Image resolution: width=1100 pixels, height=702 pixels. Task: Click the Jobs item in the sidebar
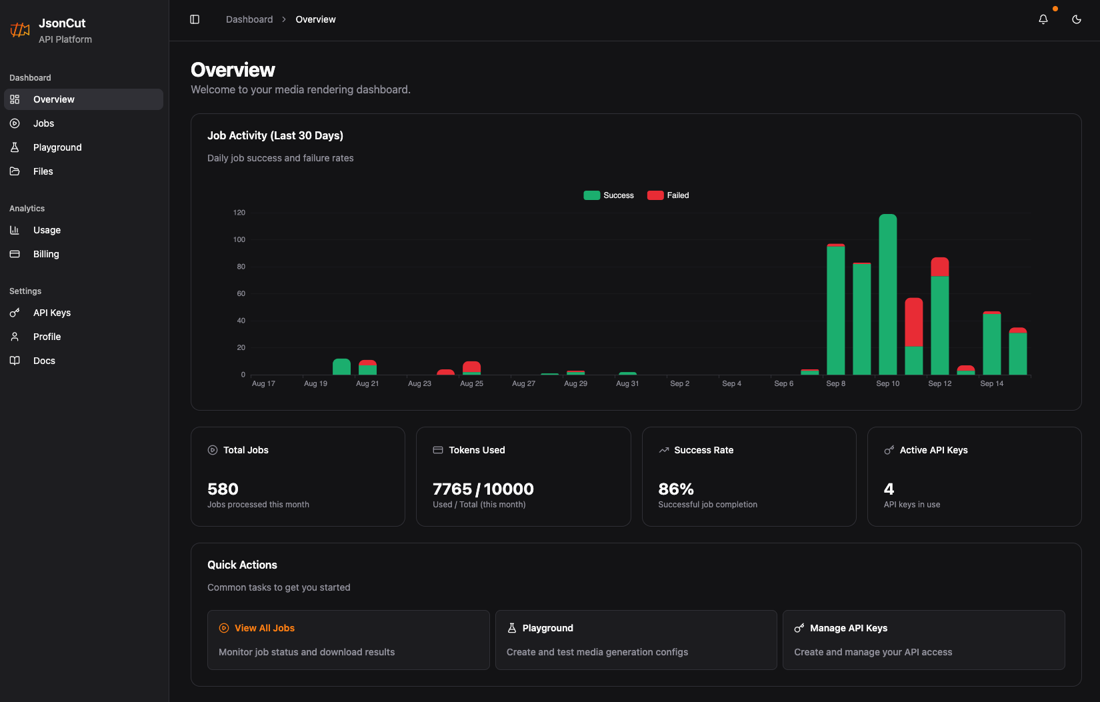(43, 123)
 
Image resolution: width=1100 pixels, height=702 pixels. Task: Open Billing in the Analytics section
(46, 254)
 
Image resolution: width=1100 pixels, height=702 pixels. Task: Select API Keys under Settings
(52, 313)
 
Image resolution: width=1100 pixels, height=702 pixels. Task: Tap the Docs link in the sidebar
(44, 361)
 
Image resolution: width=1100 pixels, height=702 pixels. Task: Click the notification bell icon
(1043, 19)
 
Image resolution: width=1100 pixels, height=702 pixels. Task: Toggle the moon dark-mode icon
(1077, 19)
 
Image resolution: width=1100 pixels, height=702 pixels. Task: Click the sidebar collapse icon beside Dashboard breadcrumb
(195, 19)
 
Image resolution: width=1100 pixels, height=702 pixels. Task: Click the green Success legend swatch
(591, 195)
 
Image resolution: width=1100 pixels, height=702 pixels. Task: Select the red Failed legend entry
(669, 195)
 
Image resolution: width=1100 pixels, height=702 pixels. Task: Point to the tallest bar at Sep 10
(887, 293)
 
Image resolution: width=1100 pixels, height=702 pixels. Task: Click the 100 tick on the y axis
(239, 239)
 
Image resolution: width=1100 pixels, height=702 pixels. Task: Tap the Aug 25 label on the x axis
(471, 383)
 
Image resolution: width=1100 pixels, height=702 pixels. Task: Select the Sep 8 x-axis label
(835, 383)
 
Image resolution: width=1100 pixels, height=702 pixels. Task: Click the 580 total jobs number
(223, 489)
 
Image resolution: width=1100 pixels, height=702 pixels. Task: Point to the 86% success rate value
(676, 489)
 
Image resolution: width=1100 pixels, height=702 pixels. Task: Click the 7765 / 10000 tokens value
(483, 489)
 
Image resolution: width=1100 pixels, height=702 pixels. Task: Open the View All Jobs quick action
(264, 628)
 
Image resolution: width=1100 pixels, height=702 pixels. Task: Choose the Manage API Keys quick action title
(848, 628)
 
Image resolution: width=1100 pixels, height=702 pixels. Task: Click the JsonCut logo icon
(20, 30)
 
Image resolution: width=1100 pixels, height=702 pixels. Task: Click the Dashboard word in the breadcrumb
(249, 19)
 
